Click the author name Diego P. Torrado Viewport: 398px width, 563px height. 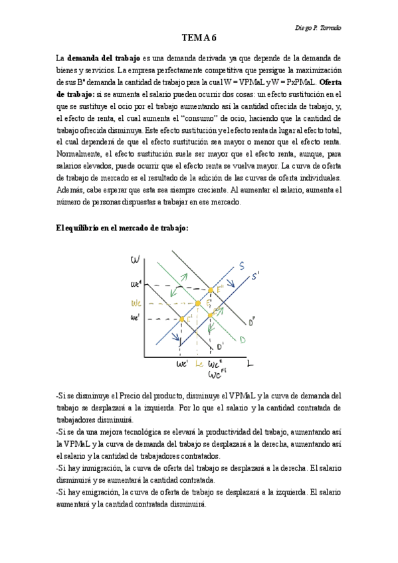(x=322, y=27)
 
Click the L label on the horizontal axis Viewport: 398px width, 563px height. (x=249, y=364)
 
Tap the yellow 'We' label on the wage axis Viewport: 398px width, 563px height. (x=136, y=302)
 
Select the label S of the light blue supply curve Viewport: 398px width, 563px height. (x=241, y=266)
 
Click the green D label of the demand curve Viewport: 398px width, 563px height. (x=243, y=340)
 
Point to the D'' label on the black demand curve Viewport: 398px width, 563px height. (x=252, y=323)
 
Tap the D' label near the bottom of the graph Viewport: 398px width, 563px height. (x=220, y=345)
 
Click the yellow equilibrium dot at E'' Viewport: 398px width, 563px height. (x=211, y=290)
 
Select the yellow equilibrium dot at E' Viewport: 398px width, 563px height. (x=182, y=319)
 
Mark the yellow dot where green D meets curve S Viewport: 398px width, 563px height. (x=198, y=303)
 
